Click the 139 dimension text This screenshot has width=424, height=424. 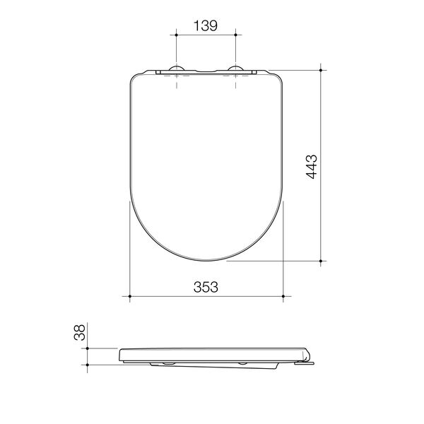click(205, 25)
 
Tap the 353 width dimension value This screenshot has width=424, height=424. click(205, 286)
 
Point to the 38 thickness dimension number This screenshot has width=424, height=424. click(80, 333)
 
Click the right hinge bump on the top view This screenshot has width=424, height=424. click(235, 69)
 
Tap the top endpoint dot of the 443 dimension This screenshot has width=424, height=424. click(322, 69)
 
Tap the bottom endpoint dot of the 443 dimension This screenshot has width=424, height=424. click(322, 261)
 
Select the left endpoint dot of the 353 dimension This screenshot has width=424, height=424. click(129, 297)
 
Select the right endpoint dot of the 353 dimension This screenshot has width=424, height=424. click(283, 297)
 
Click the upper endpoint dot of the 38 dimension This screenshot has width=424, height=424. click(87, 348)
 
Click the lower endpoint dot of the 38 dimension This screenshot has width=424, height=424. click(87, 365)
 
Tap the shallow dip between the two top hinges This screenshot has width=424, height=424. click(206, 71)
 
